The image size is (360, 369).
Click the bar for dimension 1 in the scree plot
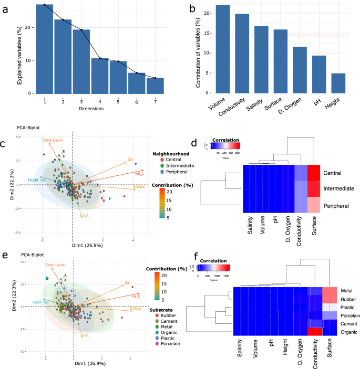(x=45, y=50)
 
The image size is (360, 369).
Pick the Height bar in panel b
(x=338, y=84)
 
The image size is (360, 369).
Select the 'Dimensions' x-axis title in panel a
(x=99, y=109)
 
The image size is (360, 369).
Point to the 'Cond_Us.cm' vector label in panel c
(x=54, y=140)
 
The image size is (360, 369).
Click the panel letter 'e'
(x=4, y=255)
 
